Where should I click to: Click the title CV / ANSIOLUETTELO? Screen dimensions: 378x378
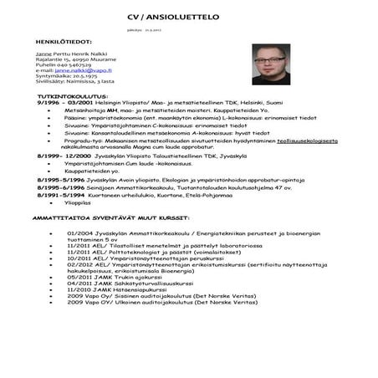click(189, 17)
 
